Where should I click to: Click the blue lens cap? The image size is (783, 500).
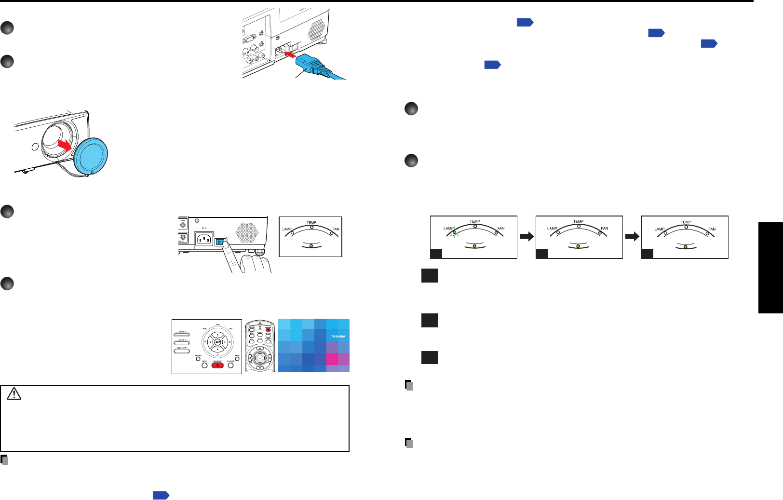[x=91, y=154]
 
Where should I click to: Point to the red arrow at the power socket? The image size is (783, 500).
[x=288, y=54]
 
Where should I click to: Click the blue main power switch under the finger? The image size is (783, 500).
[x=220, y=241]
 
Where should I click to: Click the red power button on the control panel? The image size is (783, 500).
[x=217, y=365]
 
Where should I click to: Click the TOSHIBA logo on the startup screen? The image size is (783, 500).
[x=338, y=336]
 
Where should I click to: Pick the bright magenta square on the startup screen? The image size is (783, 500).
[x=332, y=359]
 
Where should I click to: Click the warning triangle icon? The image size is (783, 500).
[x=14, y=394]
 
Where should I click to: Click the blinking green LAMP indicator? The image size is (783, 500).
[x=454, y=232]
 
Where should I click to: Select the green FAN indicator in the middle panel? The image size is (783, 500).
[x=600, y=233]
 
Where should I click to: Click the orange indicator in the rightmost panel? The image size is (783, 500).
[x=685, y=246]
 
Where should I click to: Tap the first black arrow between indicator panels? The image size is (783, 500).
[x=526, y=236]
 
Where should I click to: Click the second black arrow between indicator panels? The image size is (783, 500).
[x=632, y=236]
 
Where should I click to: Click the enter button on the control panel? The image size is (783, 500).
[x=218, y=342]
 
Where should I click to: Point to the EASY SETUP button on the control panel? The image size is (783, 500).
[x=182, y=351]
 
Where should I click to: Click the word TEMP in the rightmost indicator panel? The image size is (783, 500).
[x=686, y=222]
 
